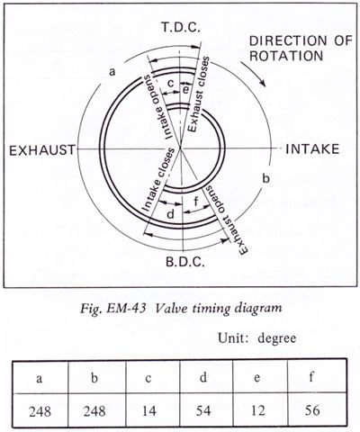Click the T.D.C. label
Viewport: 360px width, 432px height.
(180, 27)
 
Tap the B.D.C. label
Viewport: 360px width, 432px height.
(185, 262)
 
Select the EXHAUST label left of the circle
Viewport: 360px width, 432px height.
(42, 150)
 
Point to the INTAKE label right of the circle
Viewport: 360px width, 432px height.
(312, 148)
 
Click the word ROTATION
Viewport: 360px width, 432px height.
(286, 56)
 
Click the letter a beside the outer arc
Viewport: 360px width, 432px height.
(112, 72)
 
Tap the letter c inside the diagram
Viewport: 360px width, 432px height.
(170, 84)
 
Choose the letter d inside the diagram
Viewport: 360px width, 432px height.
(170, 213)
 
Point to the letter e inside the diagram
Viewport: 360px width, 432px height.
(186, 89)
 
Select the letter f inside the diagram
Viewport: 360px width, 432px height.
(196, 201)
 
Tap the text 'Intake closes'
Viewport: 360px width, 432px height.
(157, 179)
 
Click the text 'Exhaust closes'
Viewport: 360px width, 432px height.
(198, 94)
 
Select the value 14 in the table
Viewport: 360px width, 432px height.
(148, 410)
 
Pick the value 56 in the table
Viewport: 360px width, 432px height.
(312, 409)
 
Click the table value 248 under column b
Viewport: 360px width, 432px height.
(94, 410)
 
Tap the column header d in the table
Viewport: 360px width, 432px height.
(203, 377)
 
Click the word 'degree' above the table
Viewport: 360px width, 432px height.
(277, 338)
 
